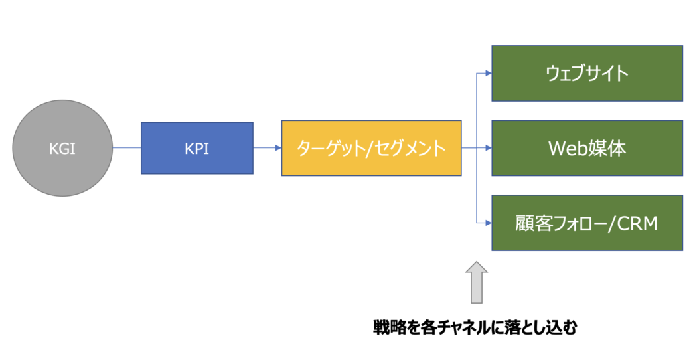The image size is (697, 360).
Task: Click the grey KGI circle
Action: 62,147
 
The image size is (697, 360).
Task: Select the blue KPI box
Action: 197,148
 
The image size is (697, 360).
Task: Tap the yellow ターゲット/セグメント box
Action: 371,148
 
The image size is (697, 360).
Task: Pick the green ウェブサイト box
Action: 587,74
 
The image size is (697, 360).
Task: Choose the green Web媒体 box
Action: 587,148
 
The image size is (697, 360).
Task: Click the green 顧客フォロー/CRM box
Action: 587,223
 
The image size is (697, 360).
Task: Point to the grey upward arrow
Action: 477,282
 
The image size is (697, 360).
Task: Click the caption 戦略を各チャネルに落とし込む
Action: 475,328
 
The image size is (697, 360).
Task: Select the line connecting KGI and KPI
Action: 127,147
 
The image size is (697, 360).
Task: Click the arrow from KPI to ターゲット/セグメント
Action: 267,147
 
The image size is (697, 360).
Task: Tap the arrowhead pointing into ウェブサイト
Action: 489,74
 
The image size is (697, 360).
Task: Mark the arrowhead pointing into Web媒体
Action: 489,148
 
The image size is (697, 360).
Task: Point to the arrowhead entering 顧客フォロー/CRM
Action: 489,223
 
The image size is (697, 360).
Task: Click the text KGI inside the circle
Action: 62,149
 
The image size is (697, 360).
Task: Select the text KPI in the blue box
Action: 197,149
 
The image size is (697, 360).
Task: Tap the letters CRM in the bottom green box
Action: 637,223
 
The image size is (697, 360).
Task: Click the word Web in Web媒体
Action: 568,149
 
